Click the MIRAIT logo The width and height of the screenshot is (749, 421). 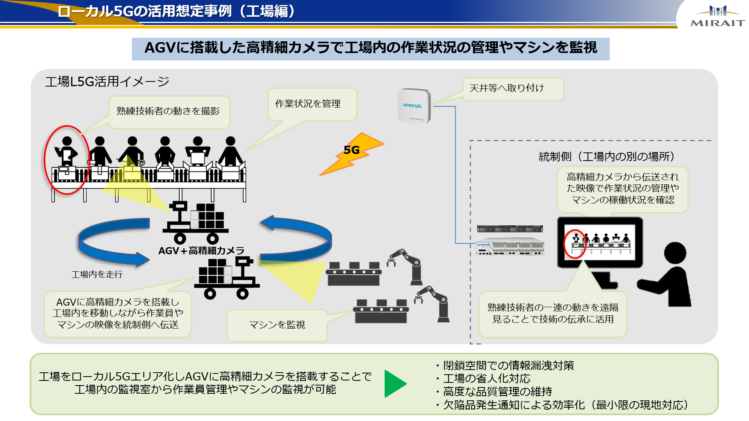click(x=717, y=16)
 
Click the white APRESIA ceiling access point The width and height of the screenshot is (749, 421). click(x=414, y=106)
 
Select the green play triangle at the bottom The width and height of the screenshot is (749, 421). click(x=394, y=384)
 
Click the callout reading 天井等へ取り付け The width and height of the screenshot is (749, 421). click(x=513, y=88)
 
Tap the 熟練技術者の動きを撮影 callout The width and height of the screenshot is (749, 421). click(x=169, y=111)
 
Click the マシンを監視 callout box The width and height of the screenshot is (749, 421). click(x=277, y=325)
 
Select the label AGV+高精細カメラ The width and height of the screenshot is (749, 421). click(x=201, y=251)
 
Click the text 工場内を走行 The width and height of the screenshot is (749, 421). click(x=97, y=274)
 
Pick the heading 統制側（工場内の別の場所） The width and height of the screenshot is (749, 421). click(x=607, y=157)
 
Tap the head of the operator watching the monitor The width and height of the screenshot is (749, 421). click(x=674, y=253)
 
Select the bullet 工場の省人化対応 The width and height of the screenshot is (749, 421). click(x=486, y=379)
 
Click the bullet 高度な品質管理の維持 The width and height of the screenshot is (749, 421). click(x=497, y=391)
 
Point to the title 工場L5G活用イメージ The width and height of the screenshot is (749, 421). click(x=107, y=81)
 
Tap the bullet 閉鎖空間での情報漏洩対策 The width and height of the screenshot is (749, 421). click(x=508, y=366)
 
